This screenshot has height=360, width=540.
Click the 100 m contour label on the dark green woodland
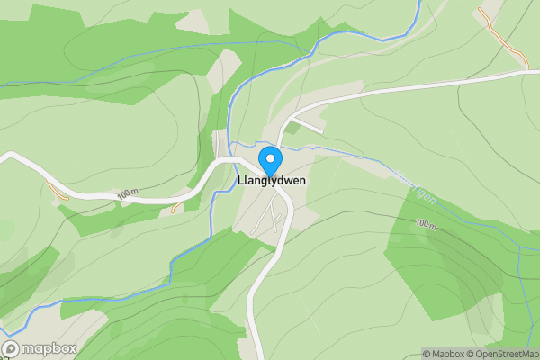point(426,223)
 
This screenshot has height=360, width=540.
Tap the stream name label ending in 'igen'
point(425,192)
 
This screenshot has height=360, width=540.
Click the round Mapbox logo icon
point(11,348)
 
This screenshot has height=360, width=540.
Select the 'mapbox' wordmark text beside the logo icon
point(49,348)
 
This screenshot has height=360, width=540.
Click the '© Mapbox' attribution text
point(446,354)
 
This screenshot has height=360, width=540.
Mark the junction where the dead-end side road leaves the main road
point(290,118)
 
